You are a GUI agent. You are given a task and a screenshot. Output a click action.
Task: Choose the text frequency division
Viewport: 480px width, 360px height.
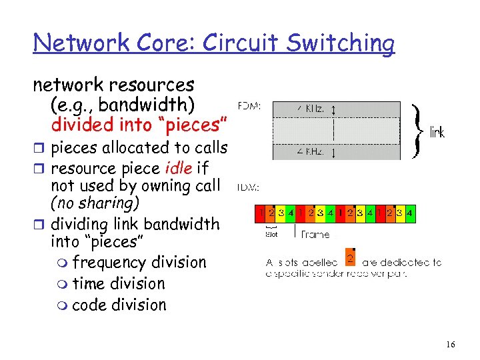[139, 263]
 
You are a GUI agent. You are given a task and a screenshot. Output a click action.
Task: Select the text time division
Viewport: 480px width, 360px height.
[119, 283]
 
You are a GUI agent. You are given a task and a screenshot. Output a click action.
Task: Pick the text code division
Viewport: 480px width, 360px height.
[119, 305]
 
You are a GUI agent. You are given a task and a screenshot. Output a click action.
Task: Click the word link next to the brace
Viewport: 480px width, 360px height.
[437, 133]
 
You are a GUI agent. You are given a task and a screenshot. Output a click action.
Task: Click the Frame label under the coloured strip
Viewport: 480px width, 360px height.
[315, 234]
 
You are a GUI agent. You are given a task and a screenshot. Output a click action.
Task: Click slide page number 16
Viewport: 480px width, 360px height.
[451, 345]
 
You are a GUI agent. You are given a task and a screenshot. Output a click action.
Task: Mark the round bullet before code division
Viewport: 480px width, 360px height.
[62, 306]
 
